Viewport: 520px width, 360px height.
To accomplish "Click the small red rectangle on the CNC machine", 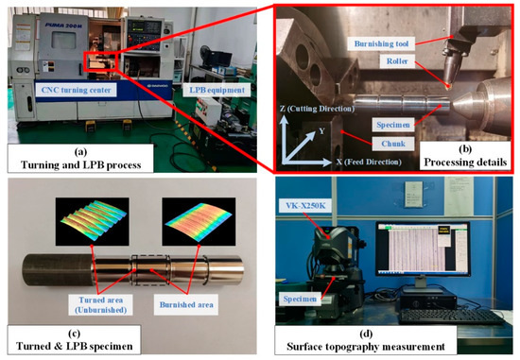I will click(102, 64).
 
